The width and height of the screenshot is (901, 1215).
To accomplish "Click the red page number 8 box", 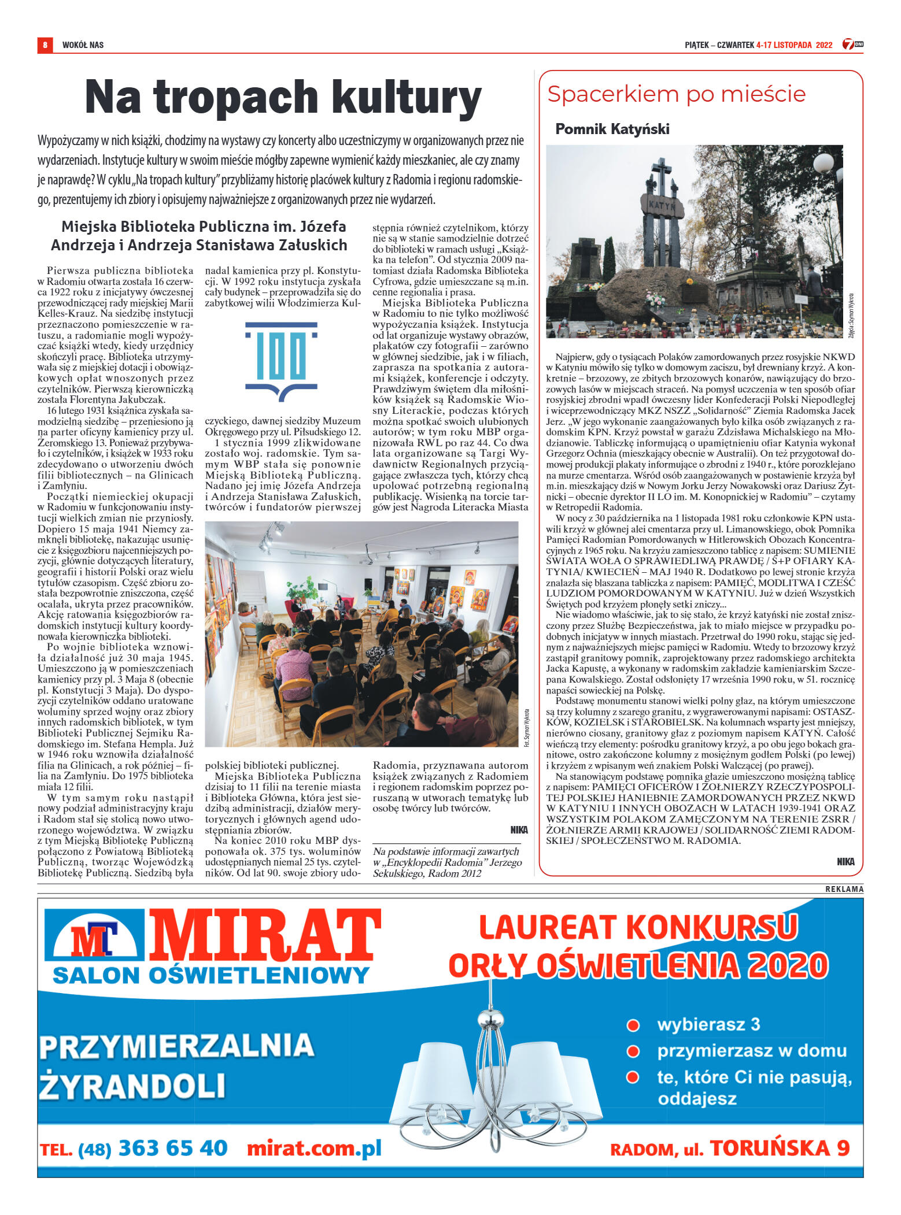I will click(x=45, y=45).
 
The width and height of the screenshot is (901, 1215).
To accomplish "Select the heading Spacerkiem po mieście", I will click(x=676, y=94).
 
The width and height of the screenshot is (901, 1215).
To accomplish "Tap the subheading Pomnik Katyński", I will click(x=612, y=129).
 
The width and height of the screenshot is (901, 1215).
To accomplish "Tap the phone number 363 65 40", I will click(x=173, y=1148).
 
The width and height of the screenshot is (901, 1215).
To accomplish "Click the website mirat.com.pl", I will click(x=314, y=1148).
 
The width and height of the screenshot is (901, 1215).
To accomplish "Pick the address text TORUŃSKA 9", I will click(x=780, y=1148).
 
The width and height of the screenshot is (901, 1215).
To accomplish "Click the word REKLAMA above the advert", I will click(x=844, y=889).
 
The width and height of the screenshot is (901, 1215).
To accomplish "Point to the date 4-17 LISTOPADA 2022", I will click(x=794, y=45).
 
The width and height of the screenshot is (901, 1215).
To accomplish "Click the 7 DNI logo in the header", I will click(x=852, y=44).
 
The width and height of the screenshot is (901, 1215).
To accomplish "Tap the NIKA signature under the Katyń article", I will click(x=845, y=861).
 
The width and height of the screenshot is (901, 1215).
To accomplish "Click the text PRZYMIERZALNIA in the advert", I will click(x=176, y=1046).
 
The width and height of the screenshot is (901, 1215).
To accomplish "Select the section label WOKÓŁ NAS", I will click(x=83, y=45).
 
